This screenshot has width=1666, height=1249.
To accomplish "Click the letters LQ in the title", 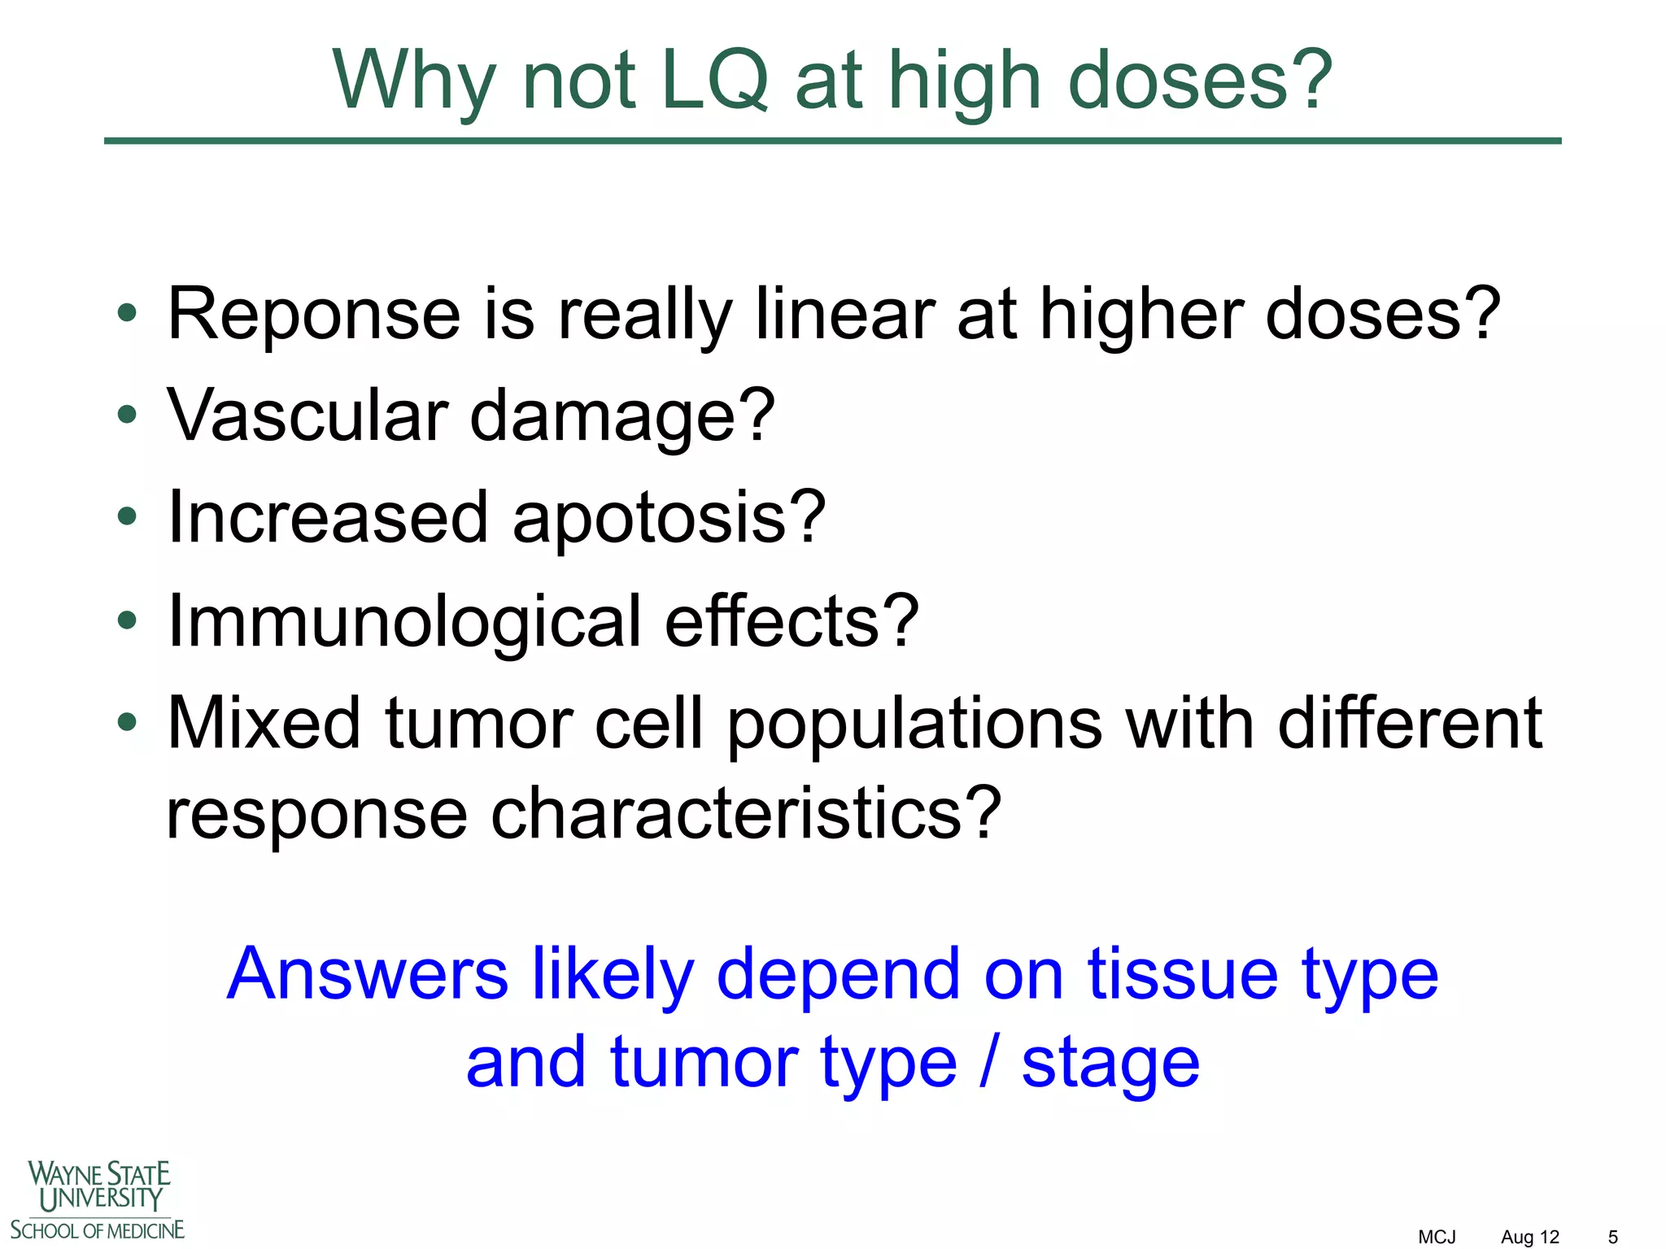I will coord(714,81).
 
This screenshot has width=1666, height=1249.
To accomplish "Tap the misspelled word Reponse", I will coord(314,316).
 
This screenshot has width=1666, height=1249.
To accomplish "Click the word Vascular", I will coord(307,416).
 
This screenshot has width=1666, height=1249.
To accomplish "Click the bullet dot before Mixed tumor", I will coord(127,722).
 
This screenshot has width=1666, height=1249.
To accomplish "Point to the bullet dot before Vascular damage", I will coord(127,416).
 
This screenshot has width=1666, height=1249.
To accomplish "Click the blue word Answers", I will coord(368,973).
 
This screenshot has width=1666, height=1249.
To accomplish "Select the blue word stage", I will coord(1110,1064).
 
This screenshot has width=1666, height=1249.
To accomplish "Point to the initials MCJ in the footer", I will coord(1437,1237).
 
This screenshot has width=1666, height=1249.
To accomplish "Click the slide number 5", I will coord(1612,1237).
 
